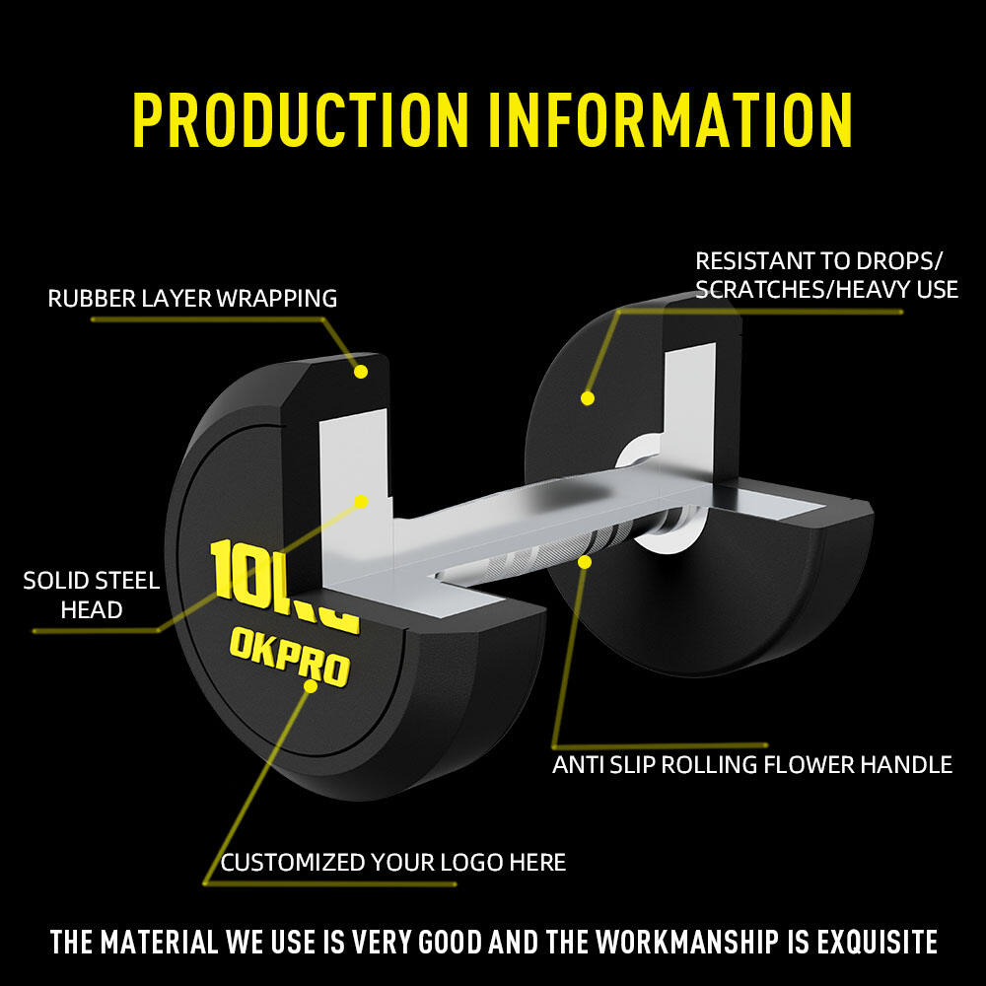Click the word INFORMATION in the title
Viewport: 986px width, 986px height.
click(670, 119)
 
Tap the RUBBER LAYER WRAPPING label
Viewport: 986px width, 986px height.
click(192, 299)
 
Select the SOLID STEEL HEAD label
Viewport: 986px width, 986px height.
click(92, 595)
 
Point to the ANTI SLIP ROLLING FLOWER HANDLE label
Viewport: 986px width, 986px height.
click(752, 765)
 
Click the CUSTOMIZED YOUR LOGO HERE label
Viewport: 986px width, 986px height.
click(393, 862)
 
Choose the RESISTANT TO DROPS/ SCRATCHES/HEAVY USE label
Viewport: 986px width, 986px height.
click(826, 275)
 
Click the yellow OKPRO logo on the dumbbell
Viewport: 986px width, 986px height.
click(290, 657)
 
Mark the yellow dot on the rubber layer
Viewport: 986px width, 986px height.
click(360, 372)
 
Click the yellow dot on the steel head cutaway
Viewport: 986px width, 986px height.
click(361, 502)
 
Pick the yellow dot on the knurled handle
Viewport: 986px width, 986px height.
click(585, 562)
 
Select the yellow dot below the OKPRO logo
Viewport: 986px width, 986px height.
click(311, 686)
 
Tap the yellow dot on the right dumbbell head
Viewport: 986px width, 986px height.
click(588, 398)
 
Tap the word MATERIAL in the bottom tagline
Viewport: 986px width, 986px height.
click(159, 942)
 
